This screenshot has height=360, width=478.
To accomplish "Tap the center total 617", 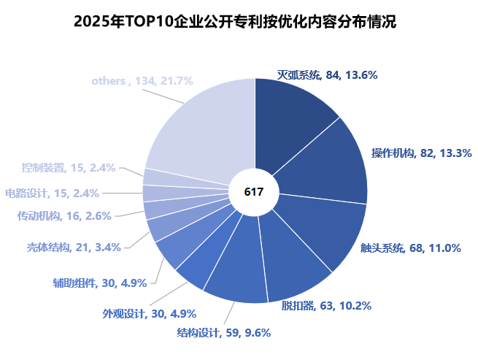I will [254, 192].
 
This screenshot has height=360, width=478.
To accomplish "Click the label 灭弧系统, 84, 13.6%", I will [327, 74].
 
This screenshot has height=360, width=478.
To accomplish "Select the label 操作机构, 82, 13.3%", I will [421, 153].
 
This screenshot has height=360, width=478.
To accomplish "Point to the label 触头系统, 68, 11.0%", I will [411, 248].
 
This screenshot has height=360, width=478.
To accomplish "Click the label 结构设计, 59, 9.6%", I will [224, 333].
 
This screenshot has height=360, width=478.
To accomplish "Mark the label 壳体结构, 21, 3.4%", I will [74, 247].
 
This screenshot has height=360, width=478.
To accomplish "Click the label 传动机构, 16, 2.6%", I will [64, 216].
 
